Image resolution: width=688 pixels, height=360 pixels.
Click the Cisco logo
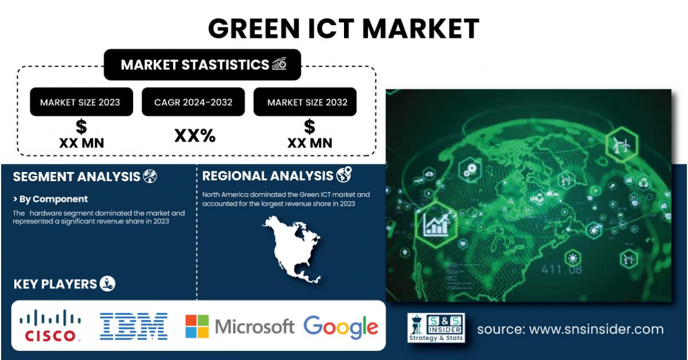click(50, 325)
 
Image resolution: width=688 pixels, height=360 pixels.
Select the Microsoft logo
click(239, 326)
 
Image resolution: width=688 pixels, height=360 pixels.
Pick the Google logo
click(341, 327)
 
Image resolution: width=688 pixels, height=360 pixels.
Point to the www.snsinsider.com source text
click(570, 329)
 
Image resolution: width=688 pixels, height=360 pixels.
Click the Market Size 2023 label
click(80, 102)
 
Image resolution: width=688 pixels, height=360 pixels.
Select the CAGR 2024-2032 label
click(193, 102)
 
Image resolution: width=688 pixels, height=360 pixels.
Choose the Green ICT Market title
click(343, 28)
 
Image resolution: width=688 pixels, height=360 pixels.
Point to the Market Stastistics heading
click(195, 64)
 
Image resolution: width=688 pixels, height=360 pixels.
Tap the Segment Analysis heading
click(77, 177)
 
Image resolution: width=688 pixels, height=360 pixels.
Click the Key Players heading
click(55, 284)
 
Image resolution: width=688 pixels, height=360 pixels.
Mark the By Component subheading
click(50, 199)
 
